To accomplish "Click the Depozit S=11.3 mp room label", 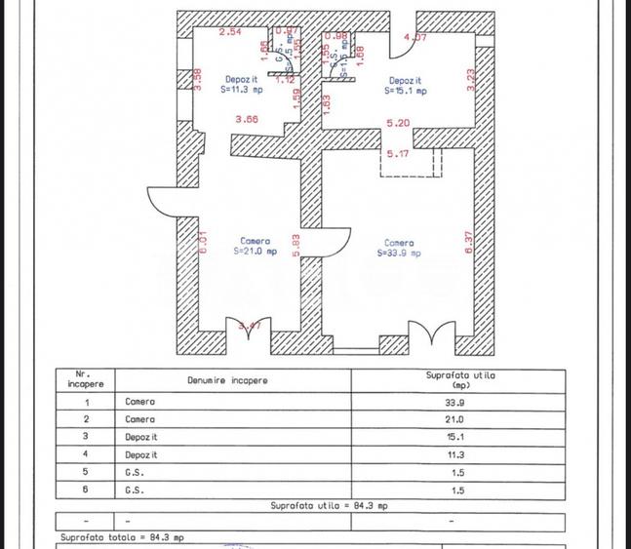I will tap(243, 84).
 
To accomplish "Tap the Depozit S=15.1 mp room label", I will tap(405, 86).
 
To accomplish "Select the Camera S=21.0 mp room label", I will tap(256, 246).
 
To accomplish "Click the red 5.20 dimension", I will tap(398, 124).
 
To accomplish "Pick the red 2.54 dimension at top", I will tap(229, 33).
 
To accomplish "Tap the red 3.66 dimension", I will tap(246, 120).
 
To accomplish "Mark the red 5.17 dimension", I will tap(398, 154).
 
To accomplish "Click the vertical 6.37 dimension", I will tap(469, 242).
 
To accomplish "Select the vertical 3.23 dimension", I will tap(471, 79).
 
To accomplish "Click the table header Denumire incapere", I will tap(227, 380).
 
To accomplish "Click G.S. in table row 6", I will tap(135, 490).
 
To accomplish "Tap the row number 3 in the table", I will tap(87, 437).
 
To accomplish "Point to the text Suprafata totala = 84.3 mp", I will tap(122, 537).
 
